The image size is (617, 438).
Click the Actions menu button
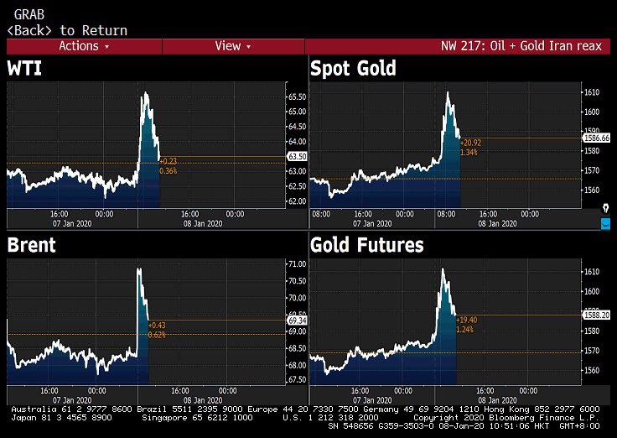pyautogui.click(x=84, y=46)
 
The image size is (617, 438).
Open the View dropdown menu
pyautogui.click(x=232, y=46)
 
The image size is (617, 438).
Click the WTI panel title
pyautogui.click(x=25, y=69)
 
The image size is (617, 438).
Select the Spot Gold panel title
pyautogui.click(x=353, y=69)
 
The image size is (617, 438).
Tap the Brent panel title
pyautogui.click(x=32, y=245)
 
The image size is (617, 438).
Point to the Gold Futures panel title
pyautogui.click(x=367, y=245)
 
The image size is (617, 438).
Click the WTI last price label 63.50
pyautogui.click(x=297, y=157)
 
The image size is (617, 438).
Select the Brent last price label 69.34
pyautogui.click(x=297, y=321)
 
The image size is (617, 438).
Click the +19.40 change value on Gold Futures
pyautogui.click(x=468, y=321)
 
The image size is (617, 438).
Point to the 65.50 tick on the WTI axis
pyautogui.click(x=297, y=97)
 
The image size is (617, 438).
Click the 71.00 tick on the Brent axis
pyautogui.click(x=297, y=263)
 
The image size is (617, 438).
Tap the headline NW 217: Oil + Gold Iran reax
pyautogui.click(x=521, y=46)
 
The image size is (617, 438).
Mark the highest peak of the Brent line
pyautogui.click(x=138, y=269)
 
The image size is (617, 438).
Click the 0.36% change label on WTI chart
pyautogui.click(x=169, y=171)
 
